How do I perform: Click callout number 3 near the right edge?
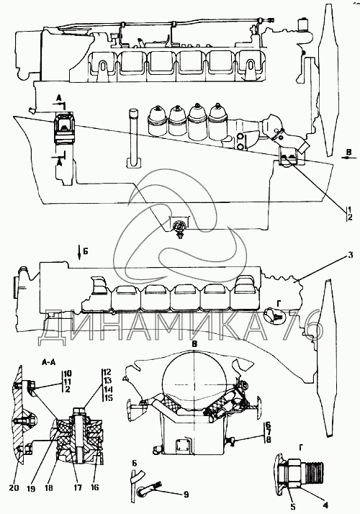click(x=350, y=255)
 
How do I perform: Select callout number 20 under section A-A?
click(x=14, y=488)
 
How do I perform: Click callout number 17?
click(x=78, y=488)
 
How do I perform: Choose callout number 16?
click(x=94, y=488)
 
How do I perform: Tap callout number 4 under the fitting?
click(x=325, y=505)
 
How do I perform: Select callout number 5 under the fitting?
click(x=293, y=508)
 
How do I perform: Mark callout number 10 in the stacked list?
click(x=68, y=374)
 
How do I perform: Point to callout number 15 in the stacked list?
click(x=108, y=398)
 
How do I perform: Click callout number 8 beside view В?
click(x=268, y=440)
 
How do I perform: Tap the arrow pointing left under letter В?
click(x=348, y=158)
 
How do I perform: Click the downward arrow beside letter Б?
click(x=79, y=253)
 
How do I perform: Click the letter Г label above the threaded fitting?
click(x=301, y=447)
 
